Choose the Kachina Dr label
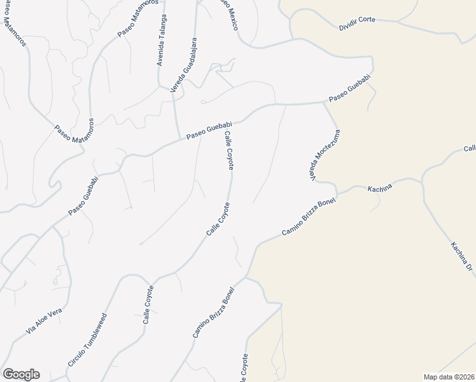click(463, 258)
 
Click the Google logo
click(20, 374)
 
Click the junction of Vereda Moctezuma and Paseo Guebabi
click(325, 102)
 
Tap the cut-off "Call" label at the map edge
click(470, 149)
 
